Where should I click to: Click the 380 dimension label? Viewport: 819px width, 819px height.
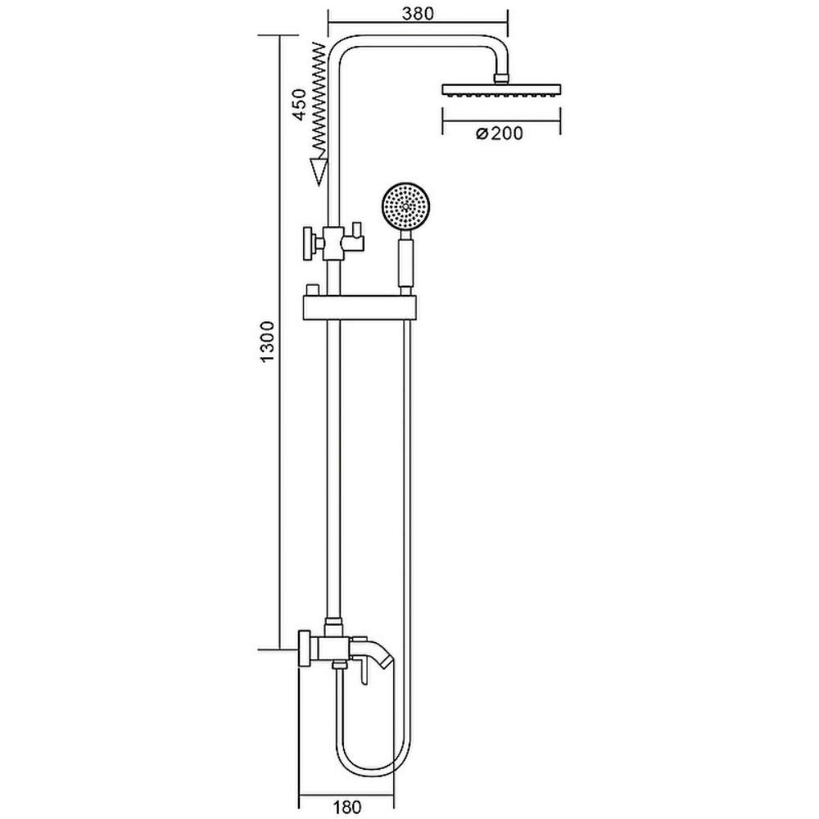click(418, 13)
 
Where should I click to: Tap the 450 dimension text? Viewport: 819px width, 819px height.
click(299, 105)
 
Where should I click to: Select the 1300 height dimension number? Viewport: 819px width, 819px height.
click(267, 342)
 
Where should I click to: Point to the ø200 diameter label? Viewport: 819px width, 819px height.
click(500, 133)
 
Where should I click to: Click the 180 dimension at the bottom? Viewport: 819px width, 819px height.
click(346, 807)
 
